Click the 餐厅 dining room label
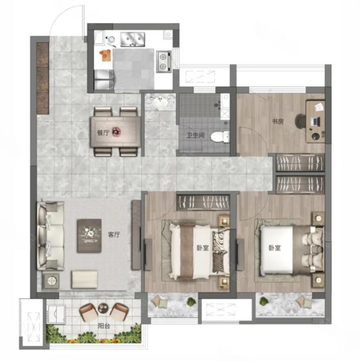[x=103, y=133]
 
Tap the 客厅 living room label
[x=114, y=235]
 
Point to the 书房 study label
[x=278, y=121]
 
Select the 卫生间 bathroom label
[x=195, y=135]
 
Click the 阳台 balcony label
[x=104, y=326]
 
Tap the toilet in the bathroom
[x=220, y=137]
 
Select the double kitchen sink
[x=133, y=39]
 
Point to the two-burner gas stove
[x=164, y=61]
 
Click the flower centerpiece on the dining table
[x=117, y=132]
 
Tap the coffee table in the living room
[x=89, y=235]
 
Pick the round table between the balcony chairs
[x=103, y=308]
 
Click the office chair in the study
[x=301, y=121]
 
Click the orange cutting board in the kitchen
[x=106, y=56]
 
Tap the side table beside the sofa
[x=51, y=281]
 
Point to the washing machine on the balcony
[x=56, y=313]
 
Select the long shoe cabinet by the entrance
[x=43, y=78]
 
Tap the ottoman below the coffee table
[x=85, y=279]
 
